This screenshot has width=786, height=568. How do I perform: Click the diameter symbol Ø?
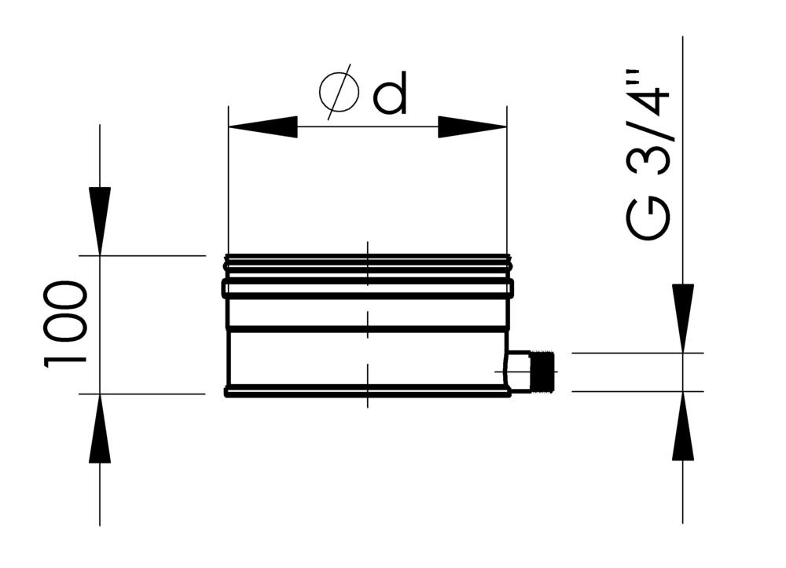(339, 93)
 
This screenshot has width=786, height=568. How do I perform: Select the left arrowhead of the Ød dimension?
(263, 126)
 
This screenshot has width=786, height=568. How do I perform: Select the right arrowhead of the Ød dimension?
(472, 126)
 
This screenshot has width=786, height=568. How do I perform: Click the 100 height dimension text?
(65, 323)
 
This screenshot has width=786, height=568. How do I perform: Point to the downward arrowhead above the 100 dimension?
(100, 221)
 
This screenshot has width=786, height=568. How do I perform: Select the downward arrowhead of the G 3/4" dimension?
(682, 318)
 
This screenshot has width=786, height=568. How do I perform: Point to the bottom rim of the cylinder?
(367, 390)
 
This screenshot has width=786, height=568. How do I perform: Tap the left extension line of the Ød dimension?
(228, 181)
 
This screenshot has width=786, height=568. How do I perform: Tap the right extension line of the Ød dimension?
(507, 181)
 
